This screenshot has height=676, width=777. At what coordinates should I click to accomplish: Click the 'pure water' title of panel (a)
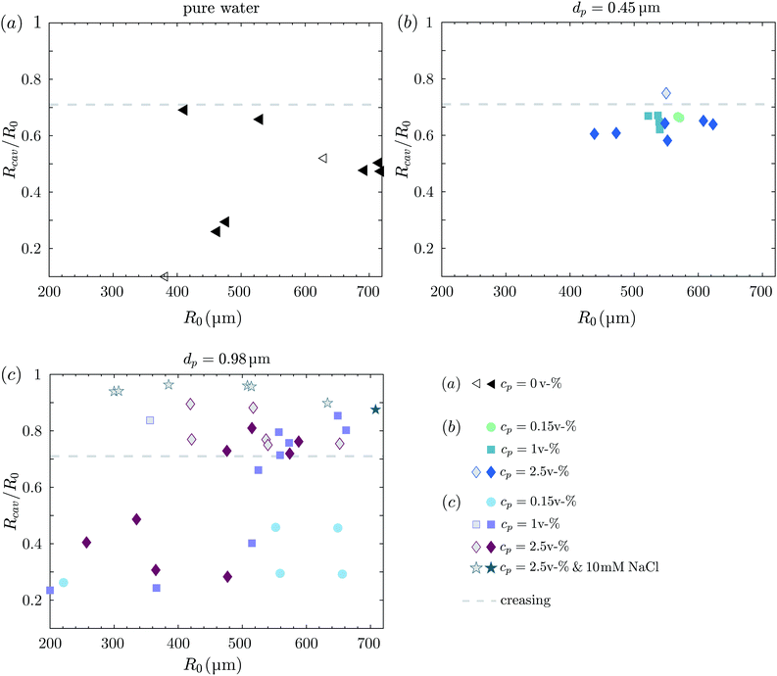click(221, 9)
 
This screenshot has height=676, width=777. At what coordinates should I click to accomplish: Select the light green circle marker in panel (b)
click(679, 118)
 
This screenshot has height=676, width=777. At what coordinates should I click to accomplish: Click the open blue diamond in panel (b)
click(666, 93)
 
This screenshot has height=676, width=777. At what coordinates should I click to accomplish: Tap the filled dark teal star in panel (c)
click(375, 410)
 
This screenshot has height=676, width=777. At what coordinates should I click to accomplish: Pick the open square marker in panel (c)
click(150, 420)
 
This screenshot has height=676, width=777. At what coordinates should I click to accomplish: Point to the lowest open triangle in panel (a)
click(165, 276)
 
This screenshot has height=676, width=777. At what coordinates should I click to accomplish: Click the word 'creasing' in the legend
click(525, 601)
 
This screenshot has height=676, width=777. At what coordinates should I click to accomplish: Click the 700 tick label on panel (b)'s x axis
click(761, 291)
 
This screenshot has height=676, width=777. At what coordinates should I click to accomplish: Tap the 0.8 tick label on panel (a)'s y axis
click(31, 79)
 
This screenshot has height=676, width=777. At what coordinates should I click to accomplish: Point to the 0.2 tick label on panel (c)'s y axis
click(31, 601)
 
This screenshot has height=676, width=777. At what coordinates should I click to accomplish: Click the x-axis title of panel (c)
click(213, 665)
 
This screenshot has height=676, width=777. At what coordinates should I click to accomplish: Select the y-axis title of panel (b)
click(403, 149)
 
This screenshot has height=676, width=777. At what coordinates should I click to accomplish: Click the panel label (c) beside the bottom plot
click(11, 375)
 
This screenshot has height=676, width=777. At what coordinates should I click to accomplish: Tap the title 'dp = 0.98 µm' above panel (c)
click(227, 359)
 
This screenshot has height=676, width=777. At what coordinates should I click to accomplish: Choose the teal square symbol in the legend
click(491, 450)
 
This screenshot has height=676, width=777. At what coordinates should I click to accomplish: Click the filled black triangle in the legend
click(491, 384)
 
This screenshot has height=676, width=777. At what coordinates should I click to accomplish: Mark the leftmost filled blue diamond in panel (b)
click(595, 134)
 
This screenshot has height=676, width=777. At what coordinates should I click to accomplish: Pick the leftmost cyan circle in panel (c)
click(64, 582)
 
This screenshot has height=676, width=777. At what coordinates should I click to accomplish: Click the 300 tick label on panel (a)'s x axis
click(112, 291)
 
